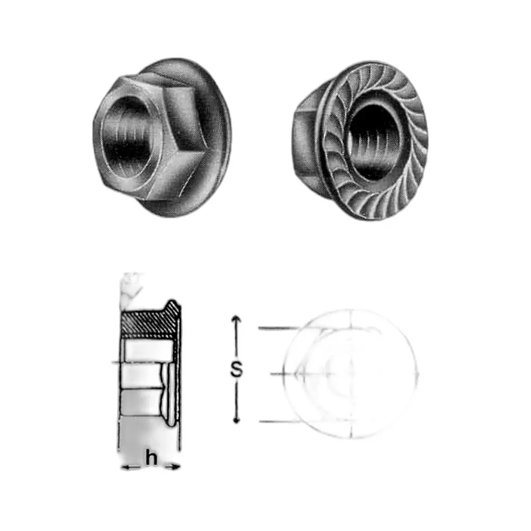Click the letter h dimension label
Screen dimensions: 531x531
151,458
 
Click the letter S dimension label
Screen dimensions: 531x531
236,369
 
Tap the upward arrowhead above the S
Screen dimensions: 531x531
236,319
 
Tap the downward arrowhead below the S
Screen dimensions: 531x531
236,419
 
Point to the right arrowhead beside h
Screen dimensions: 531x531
175,467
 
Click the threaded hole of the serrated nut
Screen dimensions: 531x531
375,142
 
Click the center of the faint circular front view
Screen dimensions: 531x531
351,374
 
